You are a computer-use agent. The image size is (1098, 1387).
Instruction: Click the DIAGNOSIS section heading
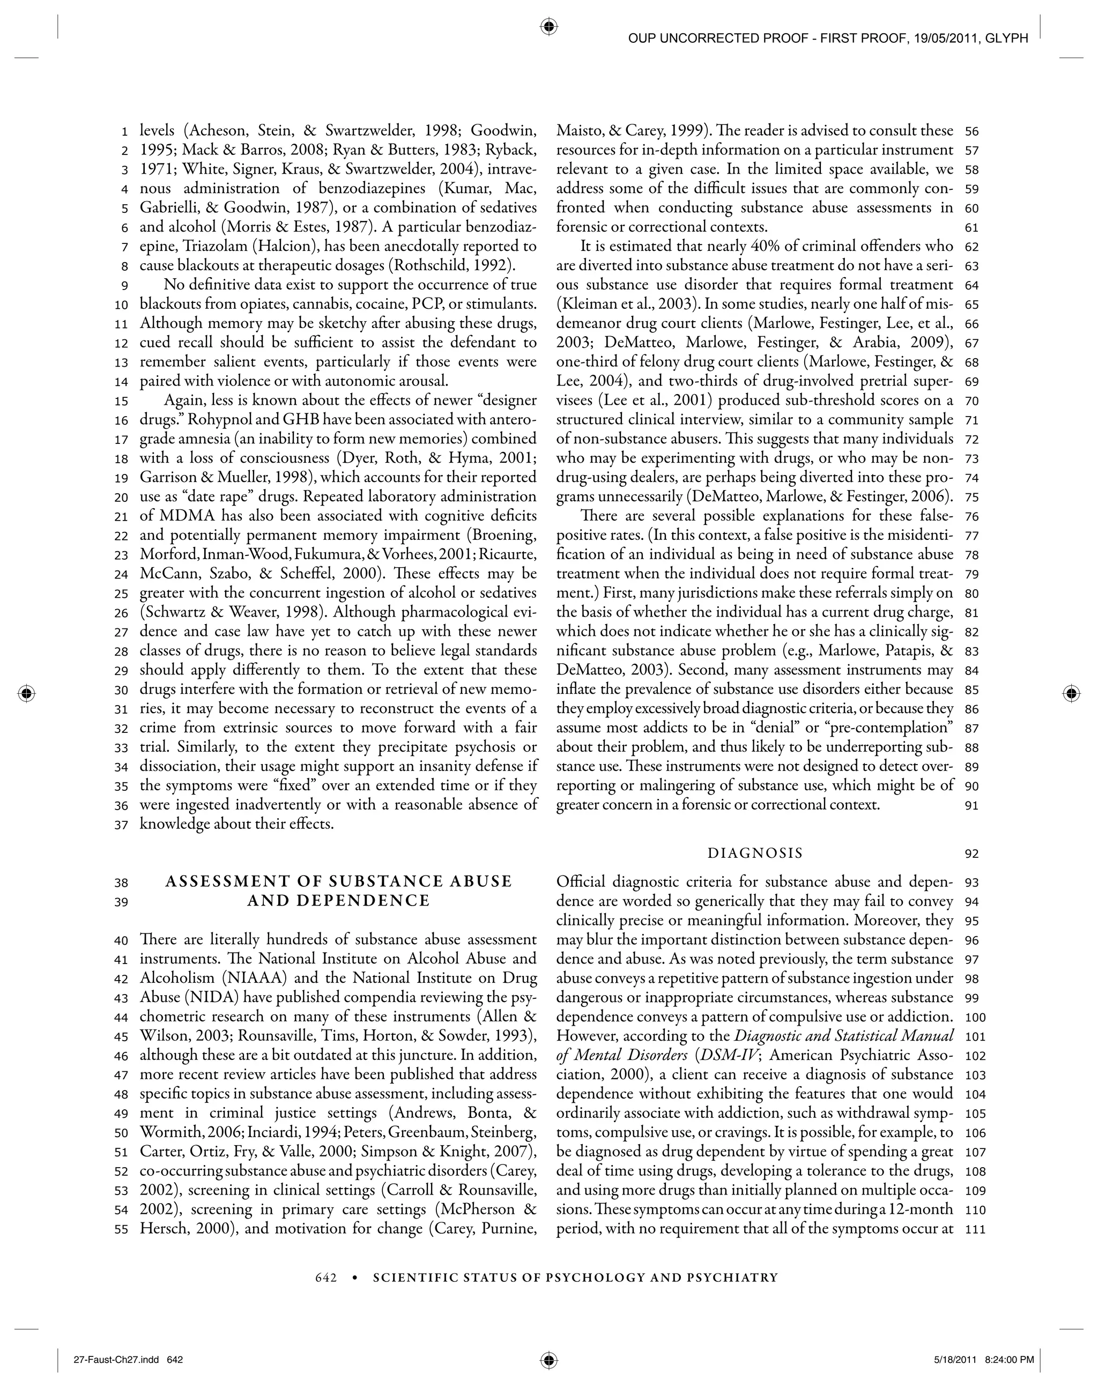coord(755,853)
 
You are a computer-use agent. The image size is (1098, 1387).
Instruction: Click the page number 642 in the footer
coord(326,1277)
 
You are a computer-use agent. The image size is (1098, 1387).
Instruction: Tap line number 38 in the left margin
coord(121,882)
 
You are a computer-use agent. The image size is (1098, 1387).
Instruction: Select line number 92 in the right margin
coord(971,854)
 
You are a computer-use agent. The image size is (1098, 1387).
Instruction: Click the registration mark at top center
coord(548,26)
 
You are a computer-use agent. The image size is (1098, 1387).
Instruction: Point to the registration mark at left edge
coord(26,693)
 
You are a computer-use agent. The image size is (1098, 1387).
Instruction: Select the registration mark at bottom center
coord(548,1359)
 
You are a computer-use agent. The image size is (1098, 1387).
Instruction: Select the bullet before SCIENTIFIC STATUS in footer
coord(355,1277)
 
